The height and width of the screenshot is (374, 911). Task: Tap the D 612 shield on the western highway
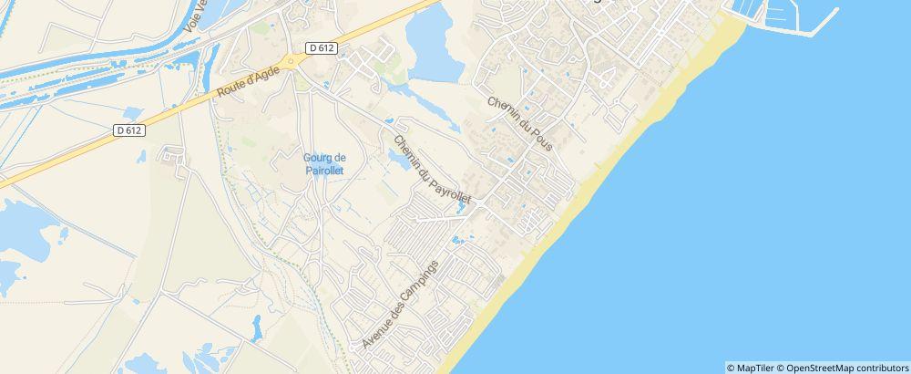129,130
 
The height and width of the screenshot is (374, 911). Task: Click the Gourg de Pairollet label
324,162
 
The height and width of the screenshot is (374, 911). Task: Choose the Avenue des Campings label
400,304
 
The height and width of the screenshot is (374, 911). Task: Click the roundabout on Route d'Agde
292,61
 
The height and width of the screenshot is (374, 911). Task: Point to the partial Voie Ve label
193,16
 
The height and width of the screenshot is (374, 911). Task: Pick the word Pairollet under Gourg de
324,169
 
